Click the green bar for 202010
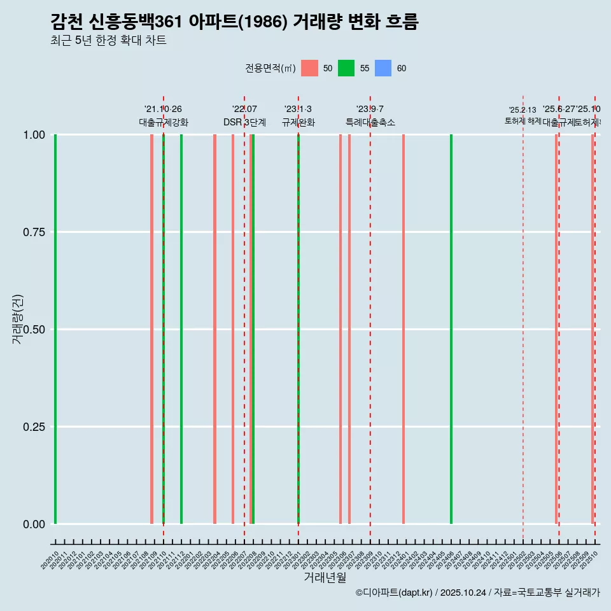[55, 329]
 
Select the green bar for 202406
[451, 329]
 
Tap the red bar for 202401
[404, 329]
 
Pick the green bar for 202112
[181, 329]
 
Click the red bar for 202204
[214, 329]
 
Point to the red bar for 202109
[151, 329]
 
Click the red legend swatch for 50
[309, 68]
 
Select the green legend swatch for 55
[346, 68]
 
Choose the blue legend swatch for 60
[383, 68]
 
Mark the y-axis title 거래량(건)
[17, 320]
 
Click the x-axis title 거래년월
[325, 578]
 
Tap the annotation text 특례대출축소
[370, 122]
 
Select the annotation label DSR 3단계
[244, 122]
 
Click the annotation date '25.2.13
[523, 109]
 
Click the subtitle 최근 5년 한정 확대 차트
[108, 41]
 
